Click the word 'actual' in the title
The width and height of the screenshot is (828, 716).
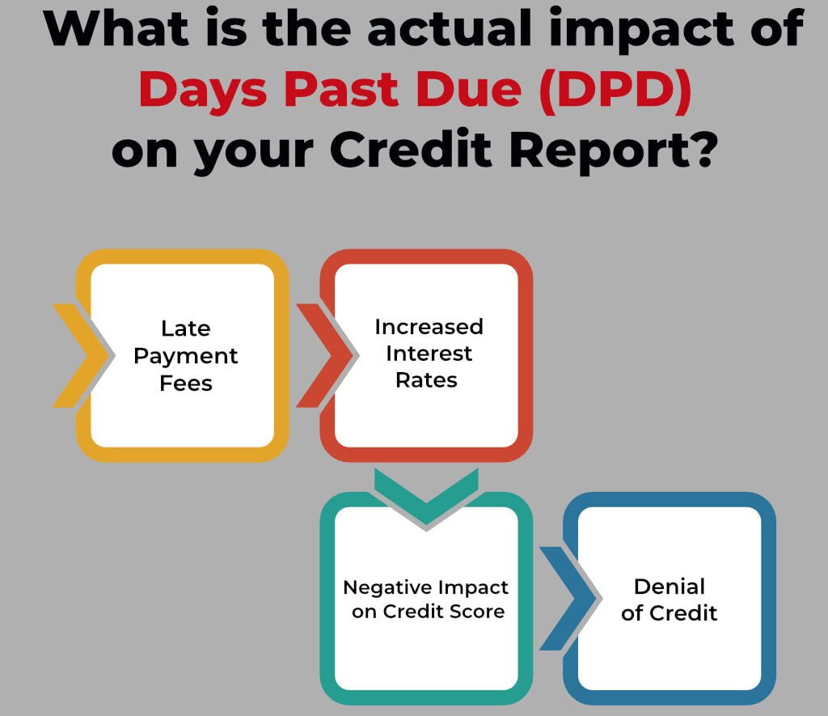[450, 28]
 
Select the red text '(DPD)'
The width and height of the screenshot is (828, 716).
[615, 91]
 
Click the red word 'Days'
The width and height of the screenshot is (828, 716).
[203, 91]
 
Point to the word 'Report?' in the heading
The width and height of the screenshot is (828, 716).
[614, 150]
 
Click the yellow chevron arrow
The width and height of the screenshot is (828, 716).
[83, 356]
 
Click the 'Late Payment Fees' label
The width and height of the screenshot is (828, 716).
[186, 356]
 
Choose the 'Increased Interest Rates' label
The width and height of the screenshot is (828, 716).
[429, 354]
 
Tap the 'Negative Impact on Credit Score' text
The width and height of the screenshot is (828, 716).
[426, 599]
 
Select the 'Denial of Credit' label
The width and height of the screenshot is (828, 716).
[669, 599]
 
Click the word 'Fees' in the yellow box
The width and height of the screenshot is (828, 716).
[186, 383]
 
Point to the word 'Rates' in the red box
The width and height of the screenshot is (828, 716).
[427, 380]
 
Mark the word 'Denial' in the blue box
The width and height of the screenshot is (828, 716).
[670, 587]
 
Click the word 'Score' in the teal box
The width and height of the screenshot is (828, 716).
[477, 612]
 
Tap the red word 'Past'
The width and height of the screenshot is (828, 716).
[341, 90]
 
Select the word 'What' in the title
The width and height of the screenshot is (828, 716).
[116, 28]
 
